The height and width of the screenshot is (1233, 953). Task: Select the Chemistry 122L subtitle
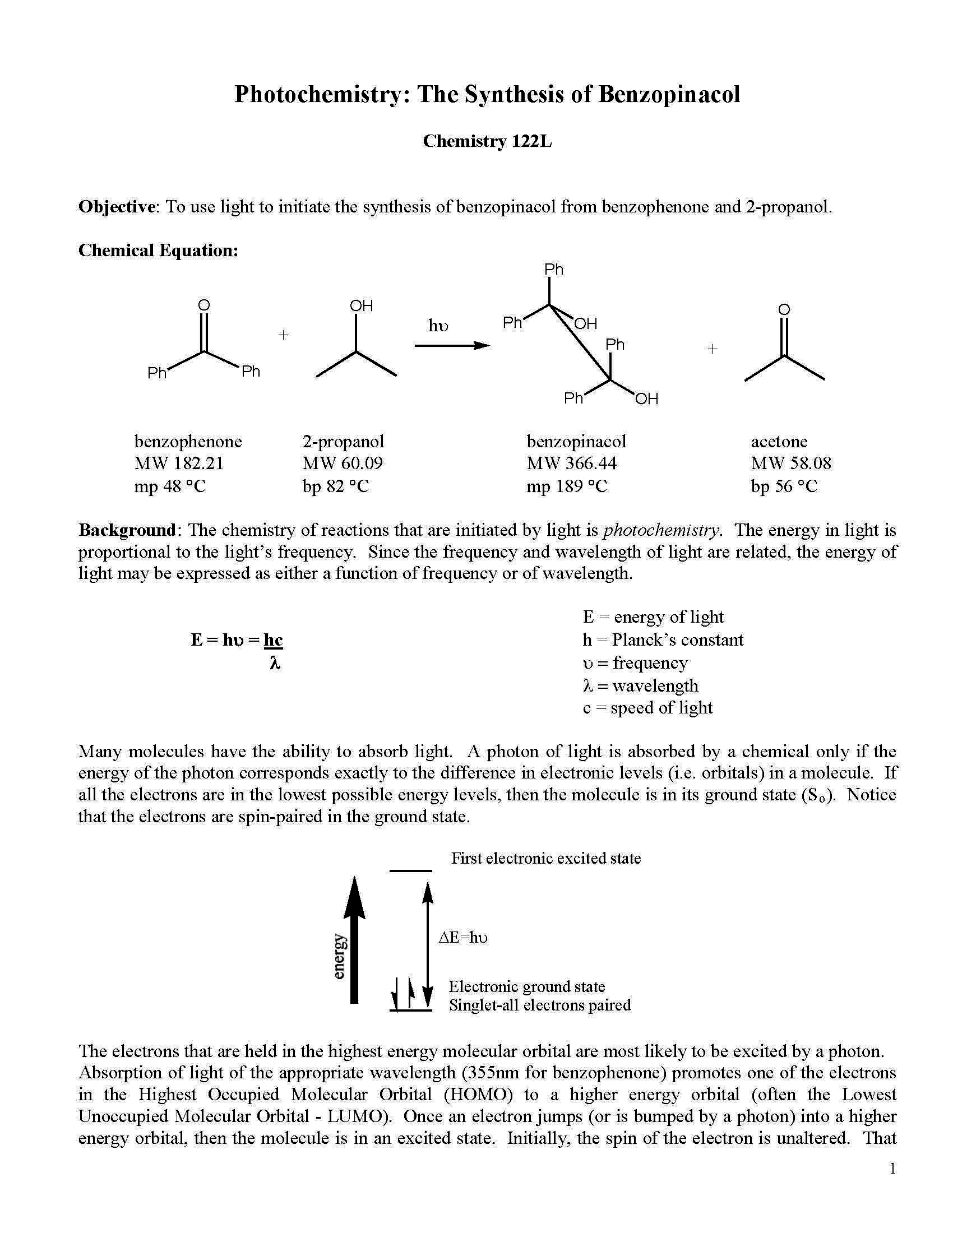[x=487, y=141]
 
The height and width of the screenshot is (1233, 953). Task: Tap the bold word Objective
[x=116, y=207]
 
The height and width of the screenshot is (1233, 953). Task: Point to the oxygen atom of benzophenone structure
[x=204, y=305]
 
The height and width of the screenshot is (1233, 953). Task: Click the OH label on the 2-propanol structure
[x=362, y=306]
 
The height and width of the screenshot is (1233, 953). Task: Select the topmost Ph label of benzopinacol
[x=553, y=270]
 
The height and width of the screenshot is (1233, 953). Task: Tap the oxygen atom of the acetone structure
[x=784, y=309]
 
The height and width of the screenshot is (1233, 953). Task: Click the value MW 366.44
[x=571, y=463]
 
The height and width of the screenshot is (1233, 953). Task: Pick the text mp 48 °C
[x=170, y=486]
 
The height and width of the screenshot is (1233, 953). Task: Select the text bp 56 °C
[x=784, y=486]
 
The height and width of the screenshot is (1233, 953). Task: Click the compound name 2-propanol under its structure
[x=343, y=441]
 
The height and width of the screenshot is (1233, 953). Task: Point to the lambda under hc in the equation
[x=275, y=663]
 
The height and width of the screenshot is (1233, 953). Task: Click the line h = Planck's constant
[x=663, y=639]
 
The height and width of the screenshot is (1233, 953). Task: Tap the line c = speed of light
[x=647, y=708]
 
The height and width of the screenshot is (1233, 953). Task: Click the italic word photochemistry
[x=661, y=530]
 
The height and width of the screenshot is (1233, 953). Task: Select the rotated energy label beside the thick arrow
[x=338, y=956]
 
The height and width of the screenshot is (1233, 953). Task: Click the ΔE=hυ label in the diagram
[x=463, y=938]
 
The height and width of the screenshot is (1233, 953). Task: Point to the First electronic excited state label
[x=545, y=859]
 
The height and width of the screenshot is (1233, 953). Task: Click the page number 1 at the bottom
[x=892, y=1169]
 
